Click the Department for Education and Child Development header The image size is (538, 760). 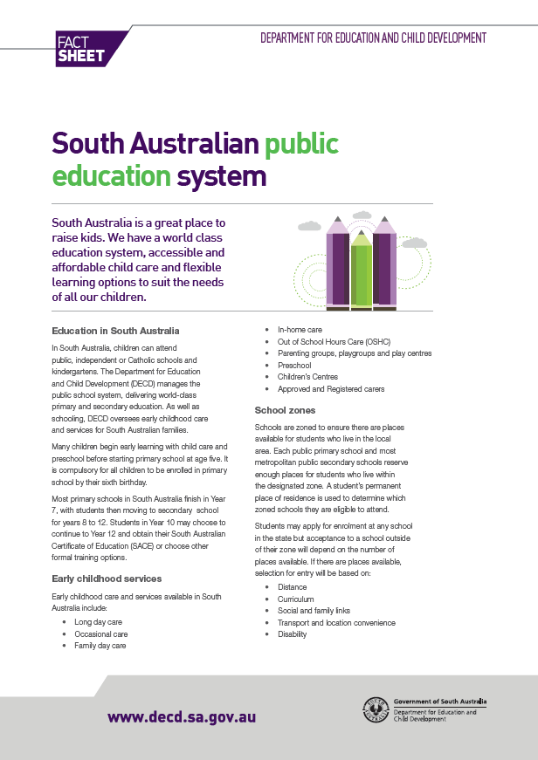tap(373, 38)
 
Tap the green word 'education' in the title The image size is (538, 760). tap(111, 176)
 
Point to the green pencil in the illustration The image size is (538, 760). tap(361, 270)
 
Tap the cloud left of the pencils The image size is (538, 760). tap(309, 226)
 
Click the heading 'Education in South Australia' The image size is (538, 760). tap(115, 332)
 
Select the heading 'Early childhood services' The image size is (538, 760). tap(107, 579)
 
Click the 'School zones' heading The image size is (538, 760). tap(285, 410)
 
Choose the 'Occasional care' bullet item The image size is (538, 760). tap(100, 633)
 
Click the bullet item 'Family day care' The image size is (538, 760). tap(100, 646)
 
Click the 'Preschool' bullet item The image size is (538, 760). tap(294, 366)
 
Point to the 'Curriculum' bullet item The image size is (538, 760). tap(295, 599)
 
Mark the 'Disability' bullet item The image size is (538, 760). tap(292, 635)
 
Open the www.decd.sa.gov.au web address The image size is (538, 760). tap(181, 717)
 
